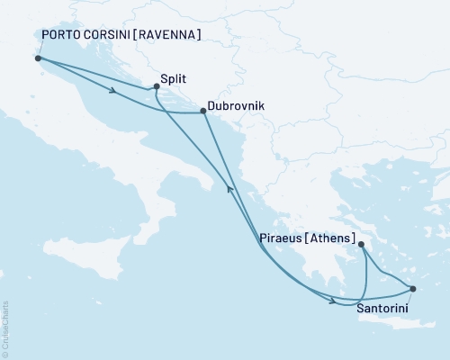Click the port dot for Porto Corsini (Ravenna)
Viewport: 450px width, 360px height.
click(38, 58)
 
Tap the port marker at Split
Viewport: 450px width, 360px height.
click(157, 86)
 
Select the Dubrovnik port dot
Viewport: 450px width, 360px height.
click(202, 113)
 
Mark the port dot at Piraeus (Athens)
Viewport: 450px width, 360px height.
click(359, 244)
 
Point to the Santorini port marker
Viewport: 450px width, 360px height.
click(413, 289)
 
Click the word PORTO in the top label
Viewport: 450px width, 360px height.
click(62, 35)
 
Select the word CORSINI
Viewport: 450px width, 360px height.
click(112, 35)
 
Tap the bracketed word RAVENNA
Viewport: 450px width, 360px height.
click(171, 35)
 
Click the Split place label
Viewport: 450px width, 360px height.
click(175, 78)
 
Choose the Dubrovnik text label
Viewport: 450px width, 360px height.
click(236, 105)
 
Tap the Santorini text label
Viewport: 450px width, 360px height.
click(385, 309)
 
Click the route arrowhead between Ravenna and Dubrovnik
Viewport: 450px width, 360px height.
click(113, 90)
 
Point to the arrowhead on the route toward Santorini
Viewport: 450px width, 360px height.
click(335, 301)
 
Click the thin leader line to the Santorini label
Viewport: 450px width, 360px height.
click(409, 296)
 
